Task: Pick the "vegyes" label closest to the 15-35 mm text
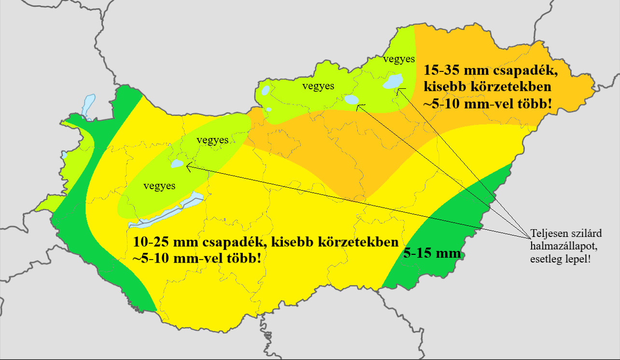click(399, 59)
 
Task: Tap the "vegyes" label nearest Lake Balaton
click(159, 186)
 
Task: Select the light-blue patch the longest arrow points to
click(178, 164)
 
